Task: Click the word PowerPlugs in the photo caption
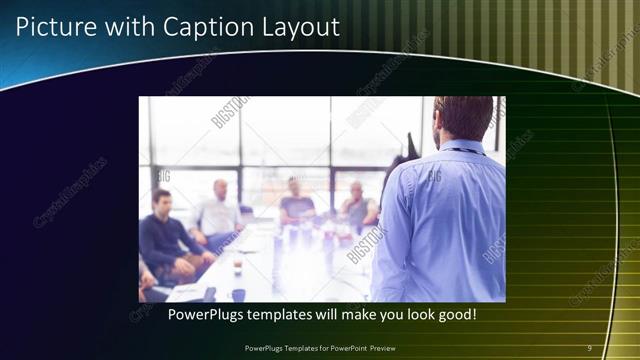204,315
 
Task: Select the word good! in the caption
454,315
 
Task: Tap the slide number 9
589,347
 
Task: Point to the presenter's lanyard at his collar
461,150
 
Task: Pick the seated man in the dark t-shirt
297,204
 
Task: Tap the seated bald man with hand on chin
357,206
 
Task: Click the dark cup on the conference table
238,295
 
